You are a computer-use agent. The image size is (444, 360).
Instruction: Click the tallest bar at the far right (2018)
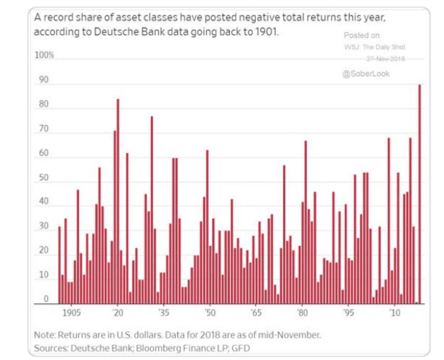click(x=420, y=194)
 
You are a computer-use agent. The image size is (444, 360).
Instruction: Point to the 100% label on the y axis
click(x=45, y=55)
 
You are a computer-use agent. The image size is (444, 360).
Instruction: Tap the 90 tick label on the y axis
click(x=44, y=80)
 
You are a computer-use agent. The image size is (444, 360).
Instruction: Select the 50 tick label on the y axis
click(x=44, y=177)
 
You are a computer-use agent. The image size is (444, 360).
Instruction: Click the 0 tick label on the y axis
click(x=46, y=299)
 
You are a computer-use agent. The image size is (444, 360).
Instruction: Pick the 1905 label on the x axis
click(x=70, y=314)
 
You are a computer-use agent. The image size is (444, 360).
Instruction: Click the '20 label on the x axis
click(x=118, y=314)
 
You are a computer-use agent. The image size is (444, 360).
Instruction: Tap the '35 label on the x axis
click(x=164, y=314)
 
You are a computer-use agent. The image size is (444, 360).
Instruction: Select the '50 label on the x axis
click(x=210, y=314)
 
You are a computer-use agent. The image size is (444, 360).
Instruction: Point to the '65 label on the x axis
click(x=256, y=314)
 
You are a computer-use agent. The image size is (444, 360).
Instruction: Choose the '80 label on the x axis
click(x=302, y=314)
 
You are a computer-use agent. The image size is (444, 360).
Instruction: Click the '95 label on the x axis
click(x=348, y=314)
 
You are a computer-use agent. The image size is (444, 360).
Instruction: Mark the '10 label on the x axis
click(x=394, y=314)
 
